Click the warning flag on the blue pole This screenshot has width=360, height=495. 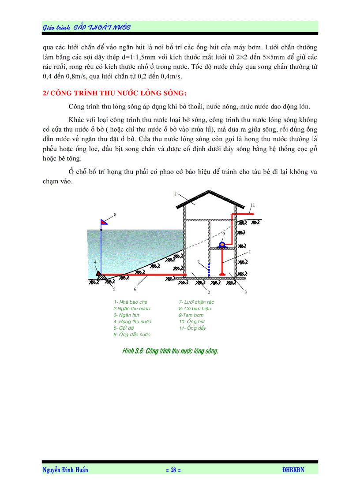click(105, 222)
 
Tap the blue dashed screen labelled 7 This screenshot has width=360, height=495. click(209, 269)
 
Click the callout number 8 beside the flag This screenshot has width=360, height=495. click(115, 215)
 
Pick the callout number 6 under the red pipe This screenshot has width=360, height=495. click(135, 289)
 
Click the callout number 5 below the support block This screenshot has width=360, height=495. click(114, 289)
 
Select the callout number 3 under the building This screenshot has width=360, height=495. click(245, 292)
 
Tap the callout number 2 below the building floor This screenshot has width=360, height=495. click(208, 292)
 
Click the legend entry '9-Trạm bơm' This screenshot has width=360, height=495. click(191, 315)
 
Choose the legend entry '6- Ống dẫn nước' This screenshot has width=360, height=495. click(132, 335)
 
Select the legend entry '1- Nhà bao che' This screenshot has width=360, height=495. click(131, 302)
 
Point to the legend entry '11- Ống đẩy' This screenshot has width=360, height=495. click(192, 328)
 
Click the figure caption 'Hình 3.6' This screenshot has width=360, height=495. click(170, 351)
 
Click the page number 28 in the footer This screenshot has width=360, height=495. click(173, 470)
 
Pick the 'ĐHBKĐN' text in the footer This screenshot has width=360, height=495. click(293, 470)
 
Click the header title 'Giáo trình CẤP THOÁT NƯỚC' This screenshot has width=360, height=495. click(87, 27)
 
